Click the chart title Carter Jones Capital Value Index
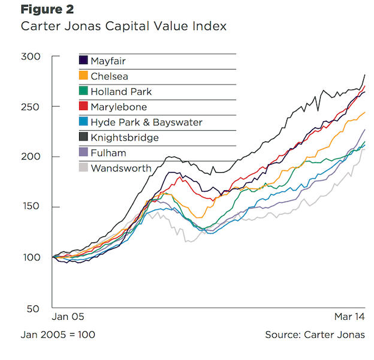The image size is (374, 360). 123,26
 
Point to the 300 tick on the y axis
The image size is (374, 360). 32,57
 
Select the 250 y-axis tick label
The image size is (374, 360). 32,107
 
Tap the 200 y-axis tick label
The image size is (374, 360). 32,157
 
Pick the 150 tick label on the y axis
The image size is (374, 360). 32,208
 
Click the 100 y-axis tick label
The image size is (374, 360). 32,258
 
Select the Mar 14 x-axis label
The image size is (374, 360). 348,316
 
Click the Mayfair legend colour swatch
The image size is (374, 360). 84,61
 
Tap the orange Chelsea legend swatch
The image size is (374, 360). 84,76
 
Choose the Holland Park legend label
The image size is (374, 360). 121,92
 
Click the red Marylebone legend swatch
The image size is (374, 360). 84,107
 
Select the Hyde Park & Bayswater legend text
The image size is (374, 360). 146,122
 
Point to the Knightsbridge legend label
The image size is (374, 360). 124,138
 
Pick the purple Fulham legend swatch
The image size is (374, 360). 84,153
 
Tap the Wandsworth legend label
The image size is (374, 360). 121,169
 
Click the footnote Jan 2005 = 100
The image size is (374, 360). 58,334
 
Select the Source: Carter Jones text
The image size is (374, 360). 314,334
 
